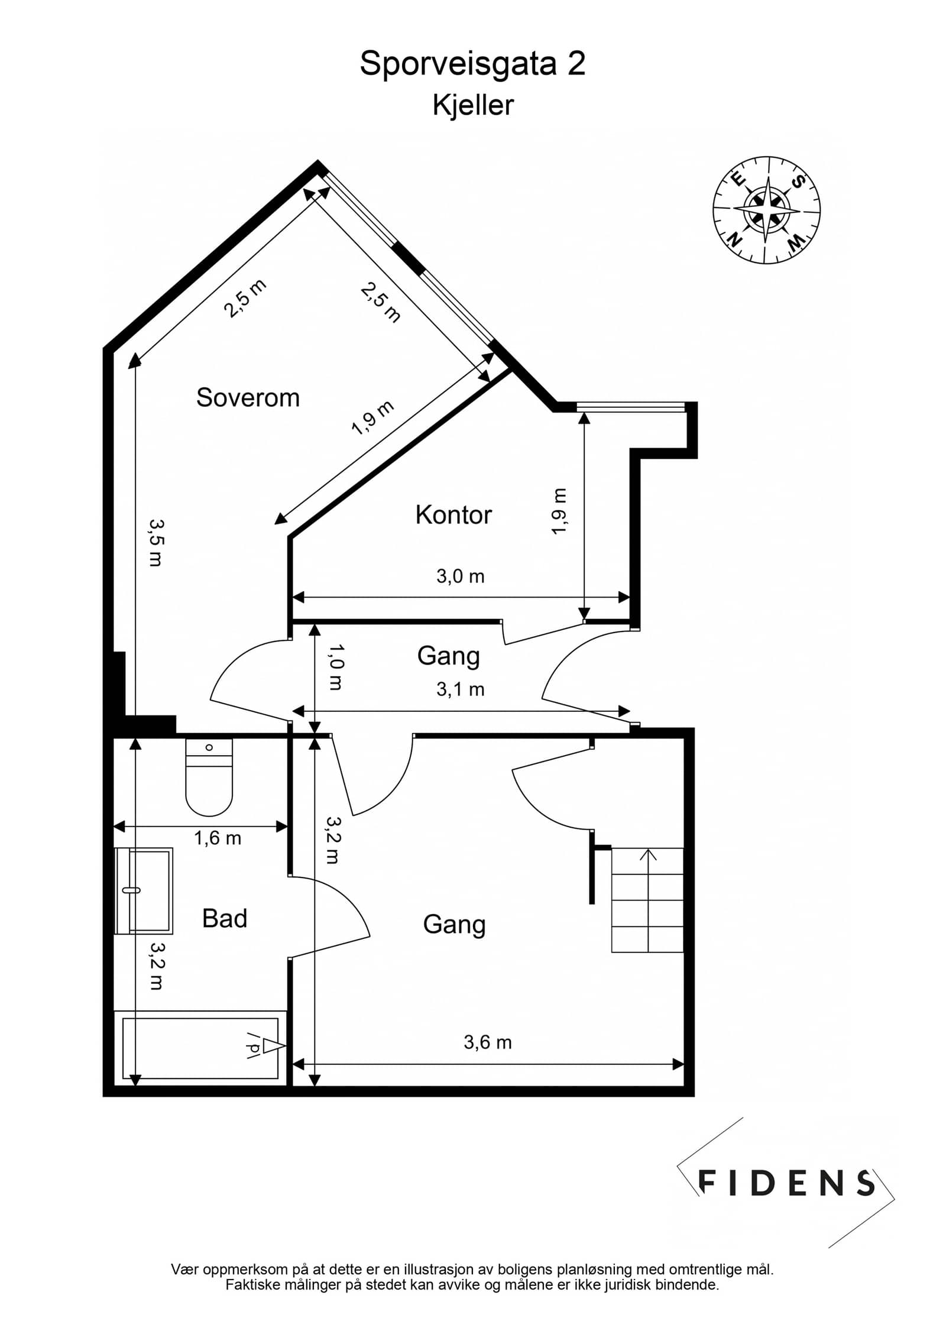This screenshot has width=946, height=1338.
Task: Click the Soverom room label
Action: coord(248,397)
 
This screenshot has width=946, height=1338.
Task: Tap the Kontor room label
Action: coord(453,515)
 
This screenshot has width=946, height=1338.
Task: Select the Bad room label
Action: coord(225,918)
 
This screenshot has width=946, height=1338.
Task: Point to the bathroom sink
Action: coord(144,890)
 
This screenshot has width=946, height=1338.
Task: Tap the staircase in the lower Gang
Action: coord(647,900)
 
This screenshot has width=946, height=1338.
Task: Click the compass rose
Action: coord(767,210)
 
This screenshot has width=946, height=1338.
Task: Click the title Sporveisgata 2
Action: coord(473,63)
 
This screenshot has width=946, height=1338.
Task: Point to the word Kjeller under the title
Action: coord(473,105)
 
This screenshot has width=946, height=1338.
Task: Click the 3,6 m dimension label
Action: coord(488,1042)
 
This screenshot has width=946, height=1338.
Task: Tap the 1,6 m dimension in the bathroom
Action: coord(218,838)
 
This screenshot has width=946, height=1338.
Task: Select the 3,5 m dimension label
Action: coord(156,543)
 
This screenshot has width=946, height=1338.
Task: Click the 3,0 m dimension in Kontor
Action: coord(461,576)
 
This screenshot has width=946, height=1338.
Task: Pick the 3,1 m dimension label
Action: coord(461,689)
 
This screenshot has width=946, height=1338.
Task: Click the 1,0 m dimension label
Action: coord(335,667)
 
